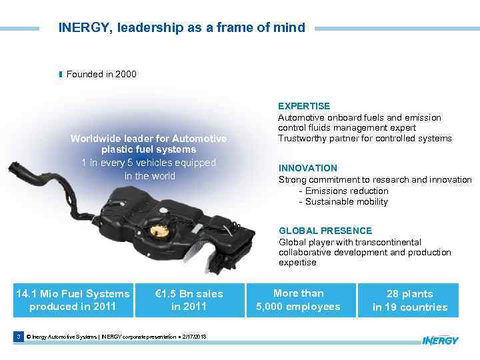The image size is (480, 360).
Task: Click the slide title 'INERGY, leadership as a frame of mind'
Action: tap(181, 28)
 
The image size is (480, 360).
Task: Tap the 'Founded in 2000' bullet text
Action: tap(101, 74)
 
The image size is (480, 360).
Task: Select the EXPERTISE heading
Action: tap(304, 106)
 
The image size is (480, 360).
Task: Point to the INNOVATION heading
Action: tap(308, 168)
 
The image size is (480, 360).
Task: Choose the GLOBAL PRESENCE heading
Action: tap(317, 231)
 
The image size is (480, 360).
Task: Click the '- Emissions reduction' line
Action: tap(343, 191)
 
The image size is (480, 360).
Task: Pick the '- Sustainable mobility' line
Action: tap(343, 201)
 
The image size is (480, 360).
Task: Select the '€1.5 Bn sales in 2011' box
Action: tap(189, 300)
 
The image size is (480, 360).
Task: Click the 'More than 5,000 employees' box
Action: tap(298, 300)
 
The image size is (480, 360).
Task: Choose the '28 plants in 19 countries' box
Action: tap(409, 300)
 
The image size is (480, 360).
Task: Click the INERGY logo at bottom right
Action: tap(441, 340)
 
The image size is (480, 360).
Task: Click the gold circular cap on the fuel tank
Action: tap(159, 231)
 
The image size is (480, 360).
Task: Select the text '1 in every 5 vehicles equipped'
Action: tap(149, 163)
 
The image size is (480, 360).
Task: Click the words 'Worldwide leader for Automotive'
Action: tap(149, 139)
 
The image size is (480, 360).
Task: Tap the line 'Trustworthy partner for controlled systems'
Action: tap(365, 139)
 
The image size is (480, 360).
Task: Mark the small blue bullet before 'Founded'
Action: tap(61, 74)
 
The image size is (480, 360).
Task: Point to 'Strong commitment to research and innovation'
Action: tap(375, 180)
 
